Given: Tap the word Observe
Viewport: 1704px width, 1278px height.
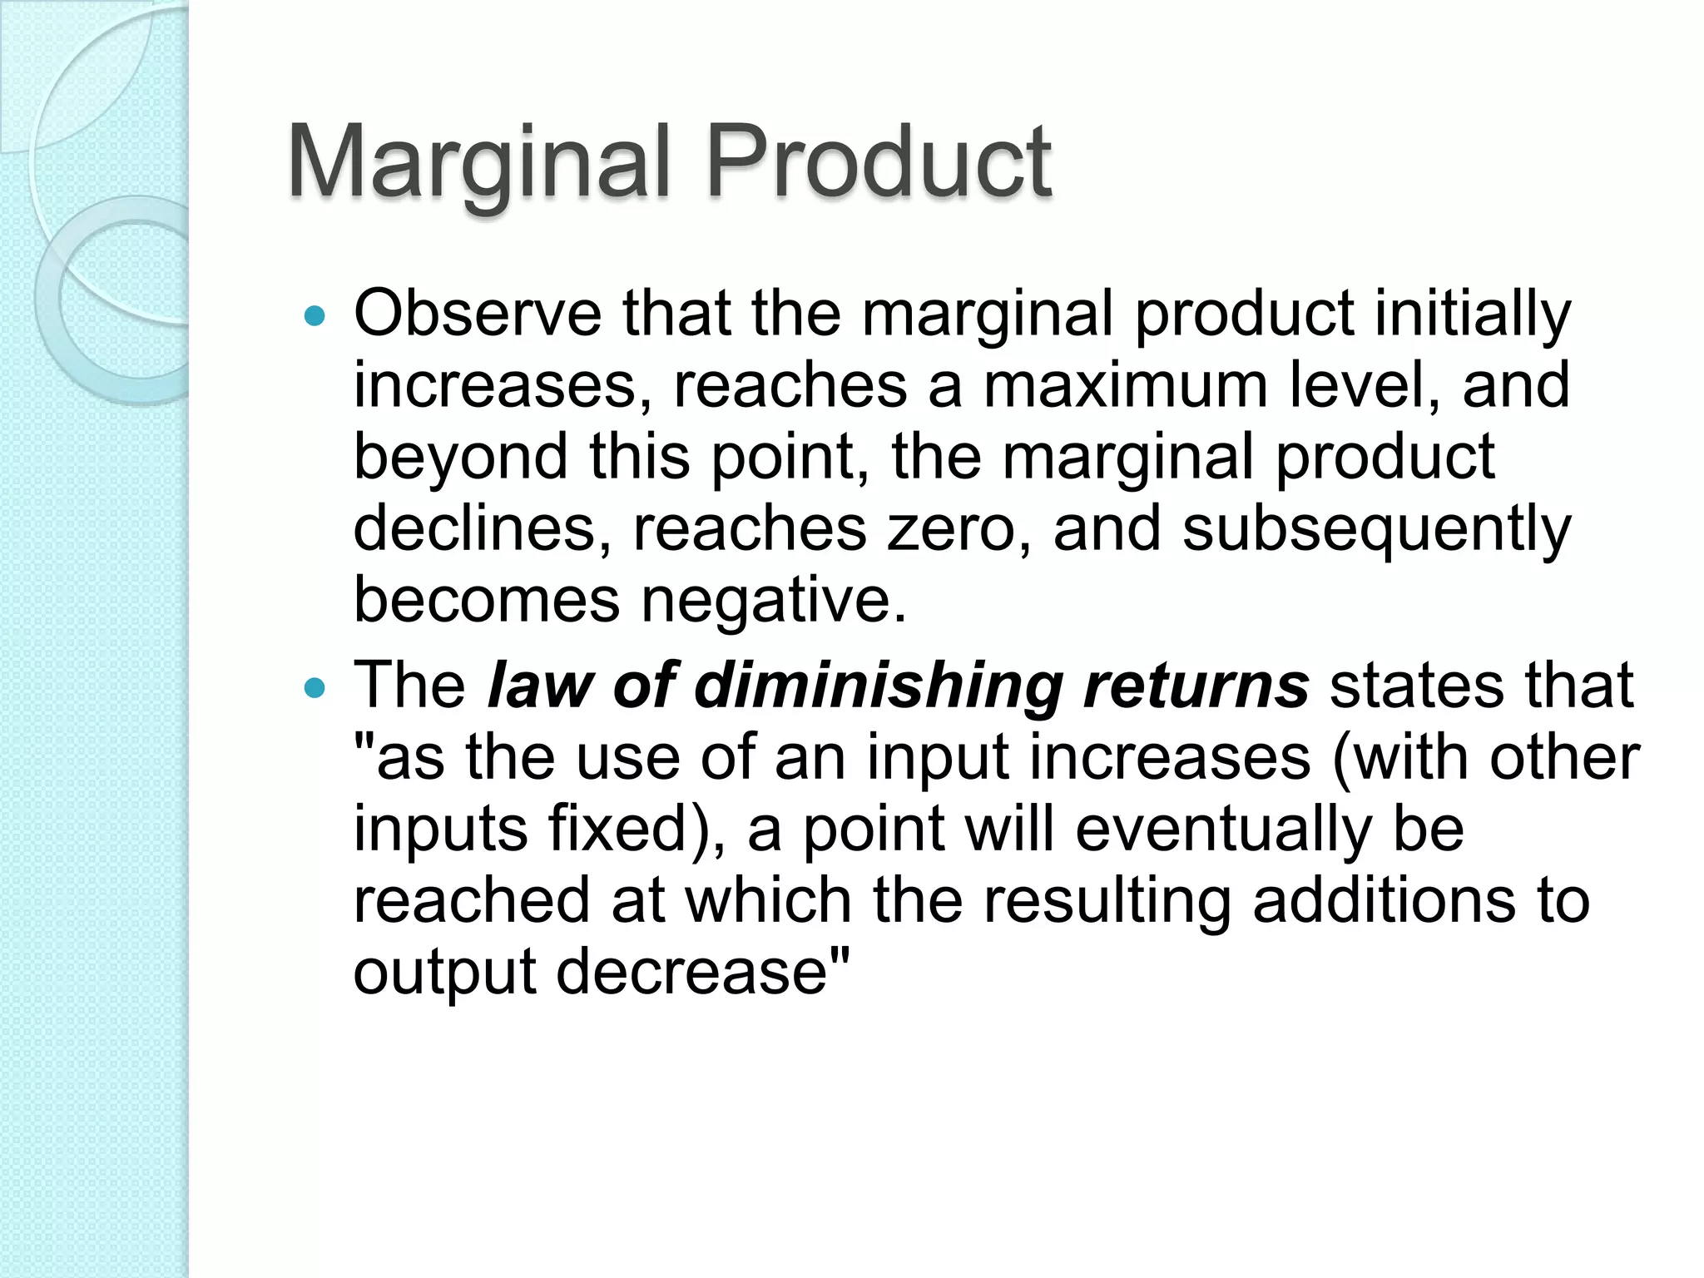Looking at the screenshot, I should coord(478,315).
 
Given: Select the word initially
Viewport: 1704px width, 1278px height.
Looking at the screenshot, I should coord(1473,316).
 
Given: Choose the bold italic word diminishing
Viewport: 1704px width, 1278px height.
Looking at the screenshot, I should coord(878,687).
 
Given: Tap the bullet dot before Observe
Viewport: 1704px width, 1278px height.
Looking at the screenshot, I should coord(314,317).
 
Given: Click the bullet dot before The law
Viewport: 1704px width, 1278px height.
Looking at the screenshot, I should coord(314,688).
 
